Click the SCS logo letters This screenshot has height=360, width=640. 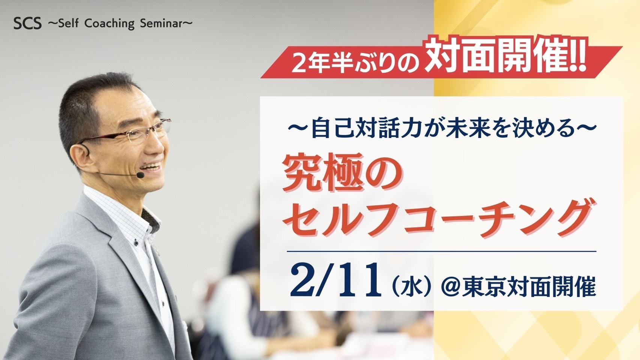[x=27, y=24]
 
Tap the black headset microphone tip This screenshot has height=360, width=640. [x=140, y=175]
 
